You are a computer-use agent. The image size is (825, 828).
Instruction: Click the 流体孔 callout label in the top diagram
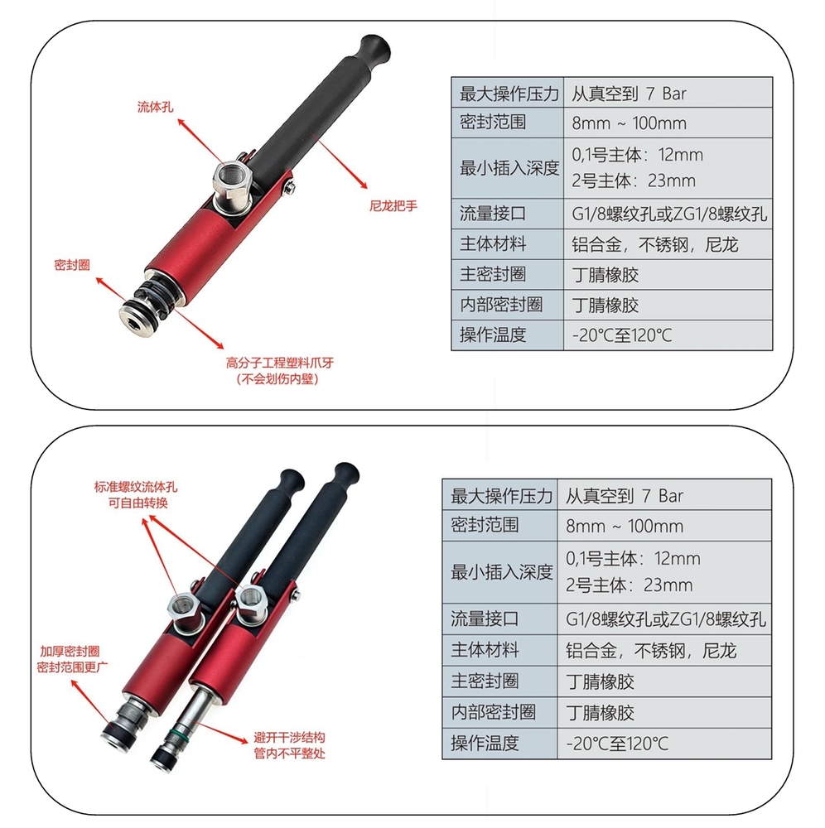click(x=156, y=107)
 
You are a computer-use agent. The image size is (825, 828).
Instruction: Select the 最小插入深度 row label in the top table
click(x=509, y=168)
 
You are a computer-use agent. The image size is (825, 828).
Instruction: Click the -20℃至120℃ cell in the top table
click(x=621, y=335)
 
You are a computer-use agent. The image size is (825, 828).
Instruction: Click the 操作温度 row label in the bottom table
click(x=485, y=743)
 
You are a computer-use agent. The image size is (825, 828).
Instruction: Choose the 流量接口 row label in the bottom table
click(x=485, y=619)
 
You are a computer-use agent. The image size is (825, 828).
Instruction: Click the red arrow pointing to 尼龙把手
click(x=340, y=161)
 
